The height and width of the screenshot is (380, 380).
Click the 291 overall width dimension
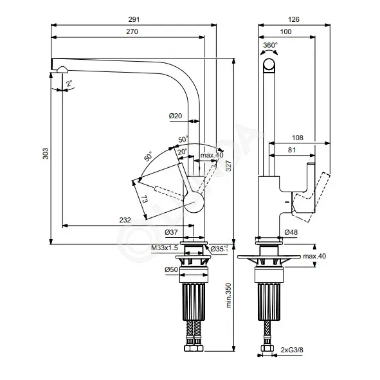134,19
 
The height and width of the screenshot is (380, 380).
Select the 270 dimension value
132,32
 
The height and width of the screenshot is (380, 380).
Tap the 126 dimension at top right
294,19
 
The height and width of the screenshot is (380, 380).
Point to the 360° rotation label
271,45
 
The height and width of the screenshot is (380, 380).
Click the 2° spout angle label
69,84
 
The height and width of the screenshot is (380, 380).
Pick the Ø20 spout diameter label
176,116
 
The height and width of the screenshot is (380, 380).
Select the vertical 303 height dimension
46,154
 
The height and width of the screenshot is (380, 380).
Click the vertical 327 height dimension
228,166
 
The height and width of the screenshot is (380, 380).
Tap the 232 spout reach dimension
125,220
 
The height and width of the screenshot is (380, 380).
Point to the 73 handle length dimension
144,200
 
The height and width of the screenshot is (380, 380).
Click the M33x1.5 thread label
165,248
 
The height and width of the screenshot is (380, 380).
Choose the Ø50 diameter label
171,269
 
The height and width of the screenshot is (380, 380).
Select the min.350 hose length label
228,295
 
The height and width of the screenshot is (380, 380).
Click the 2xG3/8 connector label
292,350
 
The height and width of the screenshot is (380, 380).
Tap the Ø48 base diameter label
291,232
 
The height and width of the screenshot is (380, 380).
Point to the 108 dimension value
298,138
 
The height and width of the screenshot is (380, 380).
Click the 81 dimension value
292,150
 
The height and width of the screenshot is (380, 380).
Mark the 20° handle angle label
182,152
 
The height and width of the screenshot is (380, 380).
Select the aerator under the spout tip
62,70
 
